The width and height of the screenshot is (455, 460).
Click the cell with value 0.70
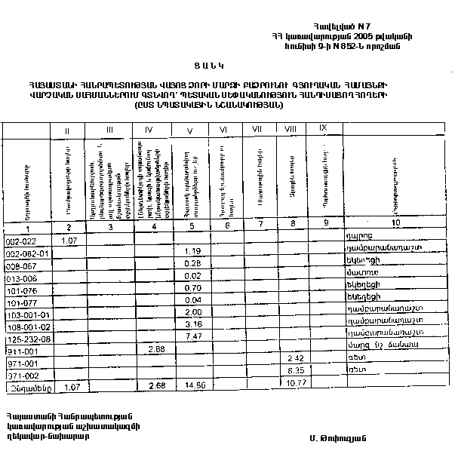(x=192, y=287)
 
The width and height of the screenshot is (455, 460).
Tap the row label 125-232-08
(x=26, y=339)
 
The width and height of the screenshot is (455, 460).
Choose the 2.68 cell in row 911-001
(x=156, y=348)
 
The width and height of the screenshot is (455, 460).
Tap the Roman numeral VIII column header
(x=290, y=130)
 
